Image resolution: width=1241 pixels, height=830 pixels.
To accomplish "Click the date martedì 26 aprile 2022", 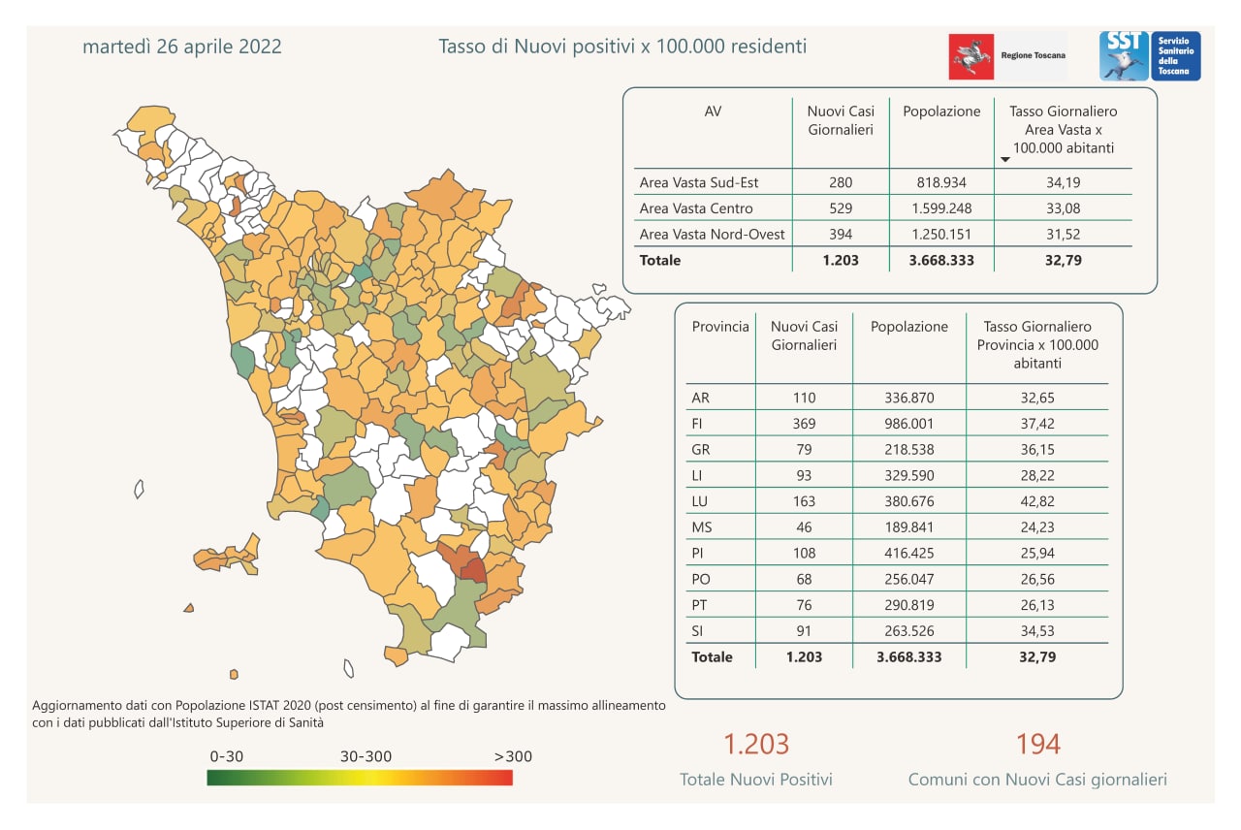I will [182, 47].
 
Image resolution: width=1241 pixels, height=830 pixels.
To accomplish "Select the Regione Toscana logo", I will [1007, 56].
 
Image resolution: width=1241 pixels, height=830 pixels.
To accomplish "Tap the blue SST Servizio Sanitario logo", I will [1150, 56].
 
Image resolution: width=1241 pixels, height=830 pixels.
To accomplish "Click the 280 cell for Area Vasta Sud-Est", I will [841, 181].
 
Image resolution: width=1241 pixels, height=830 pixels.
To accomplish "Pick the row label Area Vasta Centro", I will [696, 207].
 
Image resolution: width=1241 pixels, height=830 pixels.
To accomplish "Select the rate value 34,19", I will [1064, 181].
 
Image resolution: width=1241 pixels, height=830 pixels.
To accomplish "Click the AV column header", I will [713, 112].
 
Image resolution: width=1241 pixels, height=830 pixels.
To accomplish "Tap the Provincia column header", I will [720, 327].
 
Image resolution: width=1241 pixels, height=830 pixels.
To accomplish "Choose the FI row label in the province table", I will [698, 424].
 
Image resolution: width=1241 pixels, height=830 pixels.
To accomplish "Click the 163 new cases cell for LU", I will [804, 501].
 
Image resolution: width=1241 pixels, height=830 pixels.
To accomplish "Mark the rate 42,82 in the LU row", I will [1036, 501].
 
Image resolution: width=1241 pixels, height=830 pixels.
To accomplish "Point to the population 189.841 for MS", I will [909, 527].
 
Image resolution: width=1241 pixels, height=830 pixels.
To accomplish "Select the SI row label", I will [698, 631].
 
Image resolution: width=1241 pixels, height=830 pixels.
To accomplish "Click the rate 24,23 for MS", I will [1036, 527].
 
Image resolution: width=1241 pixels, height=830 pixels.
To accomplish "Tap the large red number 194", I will [1037, 745].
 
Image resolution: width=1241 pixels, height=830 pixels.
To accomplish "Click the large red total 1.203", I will [756, 745].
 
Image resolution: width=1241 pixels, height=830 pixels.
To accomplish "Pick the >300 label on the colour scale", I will [513, 756].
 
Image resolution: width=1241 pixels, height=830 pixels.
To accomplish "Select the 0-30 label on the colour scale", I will [227, 756].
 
